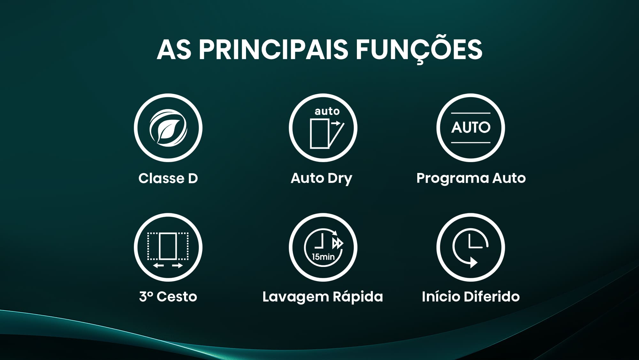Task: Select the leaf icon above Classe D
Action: click(168, 128)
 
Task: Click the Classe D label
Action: click(168, 178)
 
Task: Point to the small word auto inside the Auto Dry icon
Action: click(327, 111)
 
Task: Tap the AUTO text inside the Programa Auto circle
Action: click(471, 128)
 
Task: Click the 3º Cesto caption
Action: click(168, 297)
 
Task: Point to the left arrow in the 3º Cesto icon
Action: click(158, 265)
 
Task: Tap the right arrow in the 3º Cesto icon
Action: click(177, 265)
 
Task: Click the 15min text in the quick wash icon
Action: click(323, 256)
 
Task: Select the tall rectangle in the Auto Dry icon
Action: click(319, 134)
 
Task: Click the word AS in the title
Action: click(174, 50)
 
